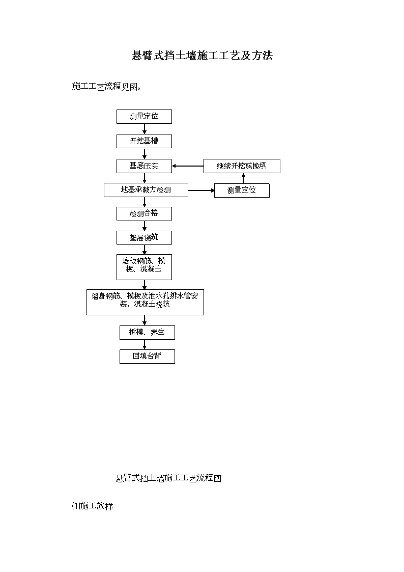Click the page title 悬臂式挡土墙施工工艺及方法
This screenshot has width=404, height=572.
pyautogui.click(x=202, y=56)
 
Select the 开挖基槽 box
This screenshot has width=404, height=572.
pyautogui.click(x=145, y=141)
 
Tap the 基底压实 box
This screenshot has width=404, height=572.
pyautogui.click(x=145, y=166)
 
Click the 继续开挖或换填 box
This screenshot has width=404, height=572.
pyautogui.click(x=242, y=166)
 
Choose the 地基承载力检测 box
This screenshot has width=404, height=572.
pyautogui.click(x=146, y=190)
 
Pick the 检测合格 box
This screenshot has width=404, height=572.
pyautogui.click(x=145, y=214)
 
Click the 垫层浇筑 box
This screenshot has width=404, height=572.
pyautogui.click(x=145, y=238)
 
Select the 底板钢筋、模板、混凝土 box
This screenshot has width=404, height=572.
pyautogui.click(x=145, y=267)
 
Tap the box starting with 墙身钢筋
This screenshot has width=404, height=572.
pyautogui.click(x=146, y=303)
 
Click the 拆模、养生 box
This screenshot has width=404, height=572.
pyautogui.click(x=147, y=332)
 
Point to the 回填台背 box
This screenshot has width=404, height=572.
pyautogui.click(x=147, y=357)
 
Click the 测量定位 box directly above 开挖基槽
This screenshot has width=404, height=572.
pyautogui.click(x=145, y=117)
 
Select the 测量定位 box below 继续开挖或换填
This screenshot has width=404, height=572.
pyautogui.click(x=242, y=190)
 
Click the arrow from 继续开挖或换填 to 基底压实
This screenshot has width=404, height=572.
pyautogui.click(x=188, y=166)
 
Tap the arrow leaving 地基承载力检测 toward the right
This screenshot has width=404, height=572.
pyautogui.click(x=201, y=190)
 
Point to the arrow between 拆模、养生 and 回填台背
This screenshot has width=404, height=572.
pyautogui.click(x=145, y=344)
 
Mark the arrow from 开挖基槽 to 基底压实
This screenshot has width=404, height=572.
pyautogui.click(x=145, y=154)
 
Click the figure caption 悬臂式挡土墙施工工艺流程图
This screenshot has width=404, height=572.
pyautogui.click(x=168, y=478)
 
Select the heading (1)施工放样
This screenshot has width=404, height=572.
pyautogui.click(x=93, y=506)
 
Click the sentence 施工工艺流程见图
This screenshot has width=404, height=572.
pyautogui.click(x=106, y=87)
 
